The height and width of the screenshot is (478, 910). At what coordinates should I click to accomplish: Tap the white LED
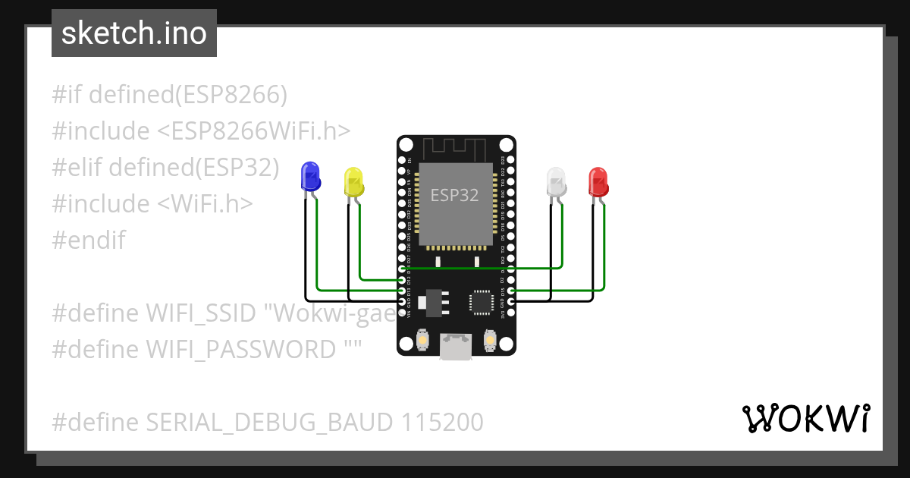pyautogui.click(x=557, y=182)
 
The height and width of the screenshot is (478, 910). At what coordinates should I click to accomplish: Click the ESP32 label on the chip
pyautogui.click(x=455, y=195)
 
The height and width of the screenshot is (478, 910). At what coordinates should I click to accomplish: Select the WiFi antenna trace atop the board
pyautogui.click(x=455, y=148)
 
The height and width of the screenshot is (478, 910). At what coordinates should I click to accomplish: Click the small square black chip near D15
pyautogui.click(x=482, y=301)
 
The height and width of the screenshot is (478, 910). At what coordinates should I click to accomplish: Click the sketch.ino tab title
pyautogui.click(x=134, y=33)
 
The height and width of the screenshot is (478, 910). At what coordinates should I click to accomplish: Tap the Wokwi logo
pyautogui.click(x=805, y=419)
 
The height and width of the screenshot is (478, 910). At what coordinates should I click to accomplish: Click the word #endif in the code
pyautogui.click(x=89, y=241)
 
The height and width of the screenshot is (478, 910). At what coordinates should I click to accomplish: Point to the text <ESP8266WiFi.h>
pyautogui.click(x=254, y=131)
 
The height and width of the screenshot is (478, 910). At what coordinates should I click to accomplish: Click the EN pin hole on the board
pyautogui.click(x=402, y=160)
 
